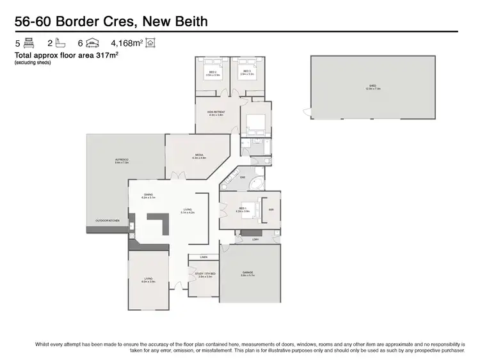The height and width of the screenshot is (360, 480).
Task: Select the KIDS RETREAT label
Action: [x=215, y=113]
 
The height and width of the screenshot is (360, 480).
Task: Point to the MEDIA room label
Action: [x=199, y=155]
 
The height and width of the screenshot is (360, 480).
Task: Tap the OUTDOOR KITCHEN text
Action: [x=108, y=221]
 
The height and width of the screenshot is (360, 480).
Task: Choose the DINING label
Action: [x=148, y=195]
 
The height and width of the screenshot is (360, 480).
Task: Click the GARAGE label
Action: [x=248, y=273]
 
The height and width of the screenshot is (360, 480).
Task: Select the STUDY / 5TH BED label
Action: [x=205, y=274]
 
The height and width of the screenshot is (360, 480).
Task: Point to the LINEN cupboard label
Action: [x=204, y=257]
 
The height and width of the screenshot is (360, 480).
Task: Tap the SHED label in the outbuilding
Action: [x=372, y=86]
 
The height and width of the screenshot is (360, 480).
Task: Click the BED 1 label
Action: [x=243, y=208]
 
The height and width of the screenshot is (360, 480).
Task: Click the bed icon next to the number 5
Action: [x=29, y=43]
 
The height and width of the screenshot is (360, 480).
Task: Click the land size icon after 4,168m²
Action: [x=150, y=43]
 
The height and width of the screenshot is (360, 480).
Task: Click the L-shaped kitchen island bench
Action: [x=157, y=225]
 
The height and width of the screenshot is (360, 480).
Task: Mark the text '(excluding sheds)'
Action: [x=33, y=62]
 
